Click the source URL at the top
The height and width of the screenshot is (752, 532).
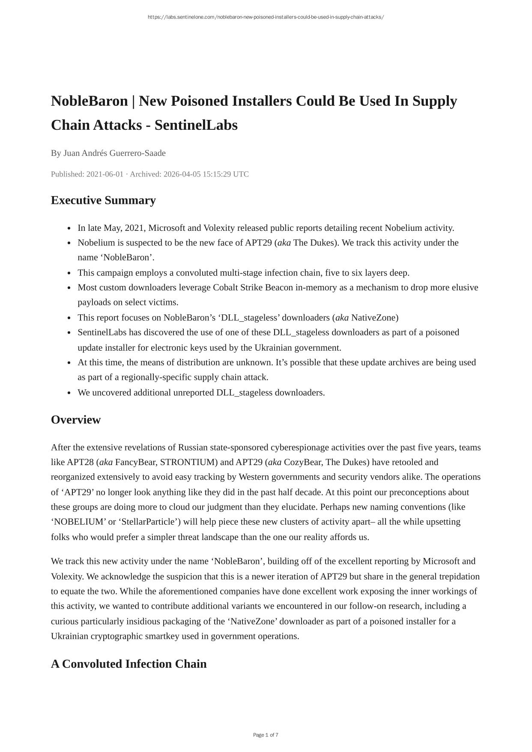(266, 17)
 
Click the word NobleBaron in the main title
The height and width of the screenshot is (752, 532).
(89, 101)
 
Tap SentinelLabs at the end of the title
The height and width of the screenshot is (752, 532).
(196, 125)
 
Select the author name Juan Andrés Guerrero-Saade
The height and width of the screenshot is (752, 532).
(114, 153)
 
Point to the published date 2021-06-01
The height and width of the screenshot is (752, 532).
(105, 174)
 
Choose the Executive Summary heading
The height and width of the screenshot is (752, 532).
(103, 200)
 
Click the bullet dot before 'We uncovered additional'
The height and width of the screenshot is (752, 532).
(69, 393)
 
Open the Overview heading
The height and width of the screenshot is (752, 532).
(76, 420)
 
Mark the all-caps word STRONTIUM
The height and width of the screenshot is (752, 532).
(187, 463)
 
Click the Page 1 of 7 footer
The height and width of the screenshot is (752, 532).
(266, 735)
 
